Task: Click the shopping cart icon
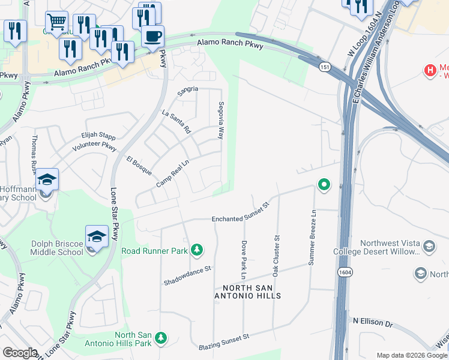(x=56, y=23)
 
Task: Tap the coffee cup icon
(x=153, y=36)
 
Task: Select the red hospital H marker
(x=430, y=71)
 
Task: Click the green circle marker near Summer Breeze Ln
(x=324, y=184)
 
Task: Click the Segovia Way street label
(x=221, y=120)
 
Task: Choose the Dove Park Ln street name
(x=244, y=260)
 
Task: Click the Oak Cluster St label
(x=277, y=256)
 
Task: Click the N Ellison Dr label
(x=372, y=323)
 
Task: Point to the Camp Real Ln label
(x=173, y=172)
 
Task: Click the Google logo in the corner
(x=20, y=353)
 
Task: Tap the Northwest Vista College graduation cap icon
(x=429, y=247)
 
